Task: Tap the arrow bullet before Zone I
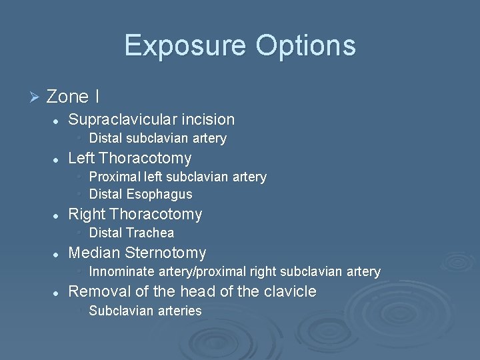[35, 97]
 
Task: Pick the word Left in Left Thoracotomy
[81, 159]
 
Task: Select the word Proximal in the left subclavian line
[115, 177]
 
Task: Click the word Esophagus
[161, 195]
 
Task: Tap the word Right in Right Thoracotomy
[87, 215]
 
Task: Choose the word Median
[94, 253]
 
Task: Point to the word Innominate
[119, 272]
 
